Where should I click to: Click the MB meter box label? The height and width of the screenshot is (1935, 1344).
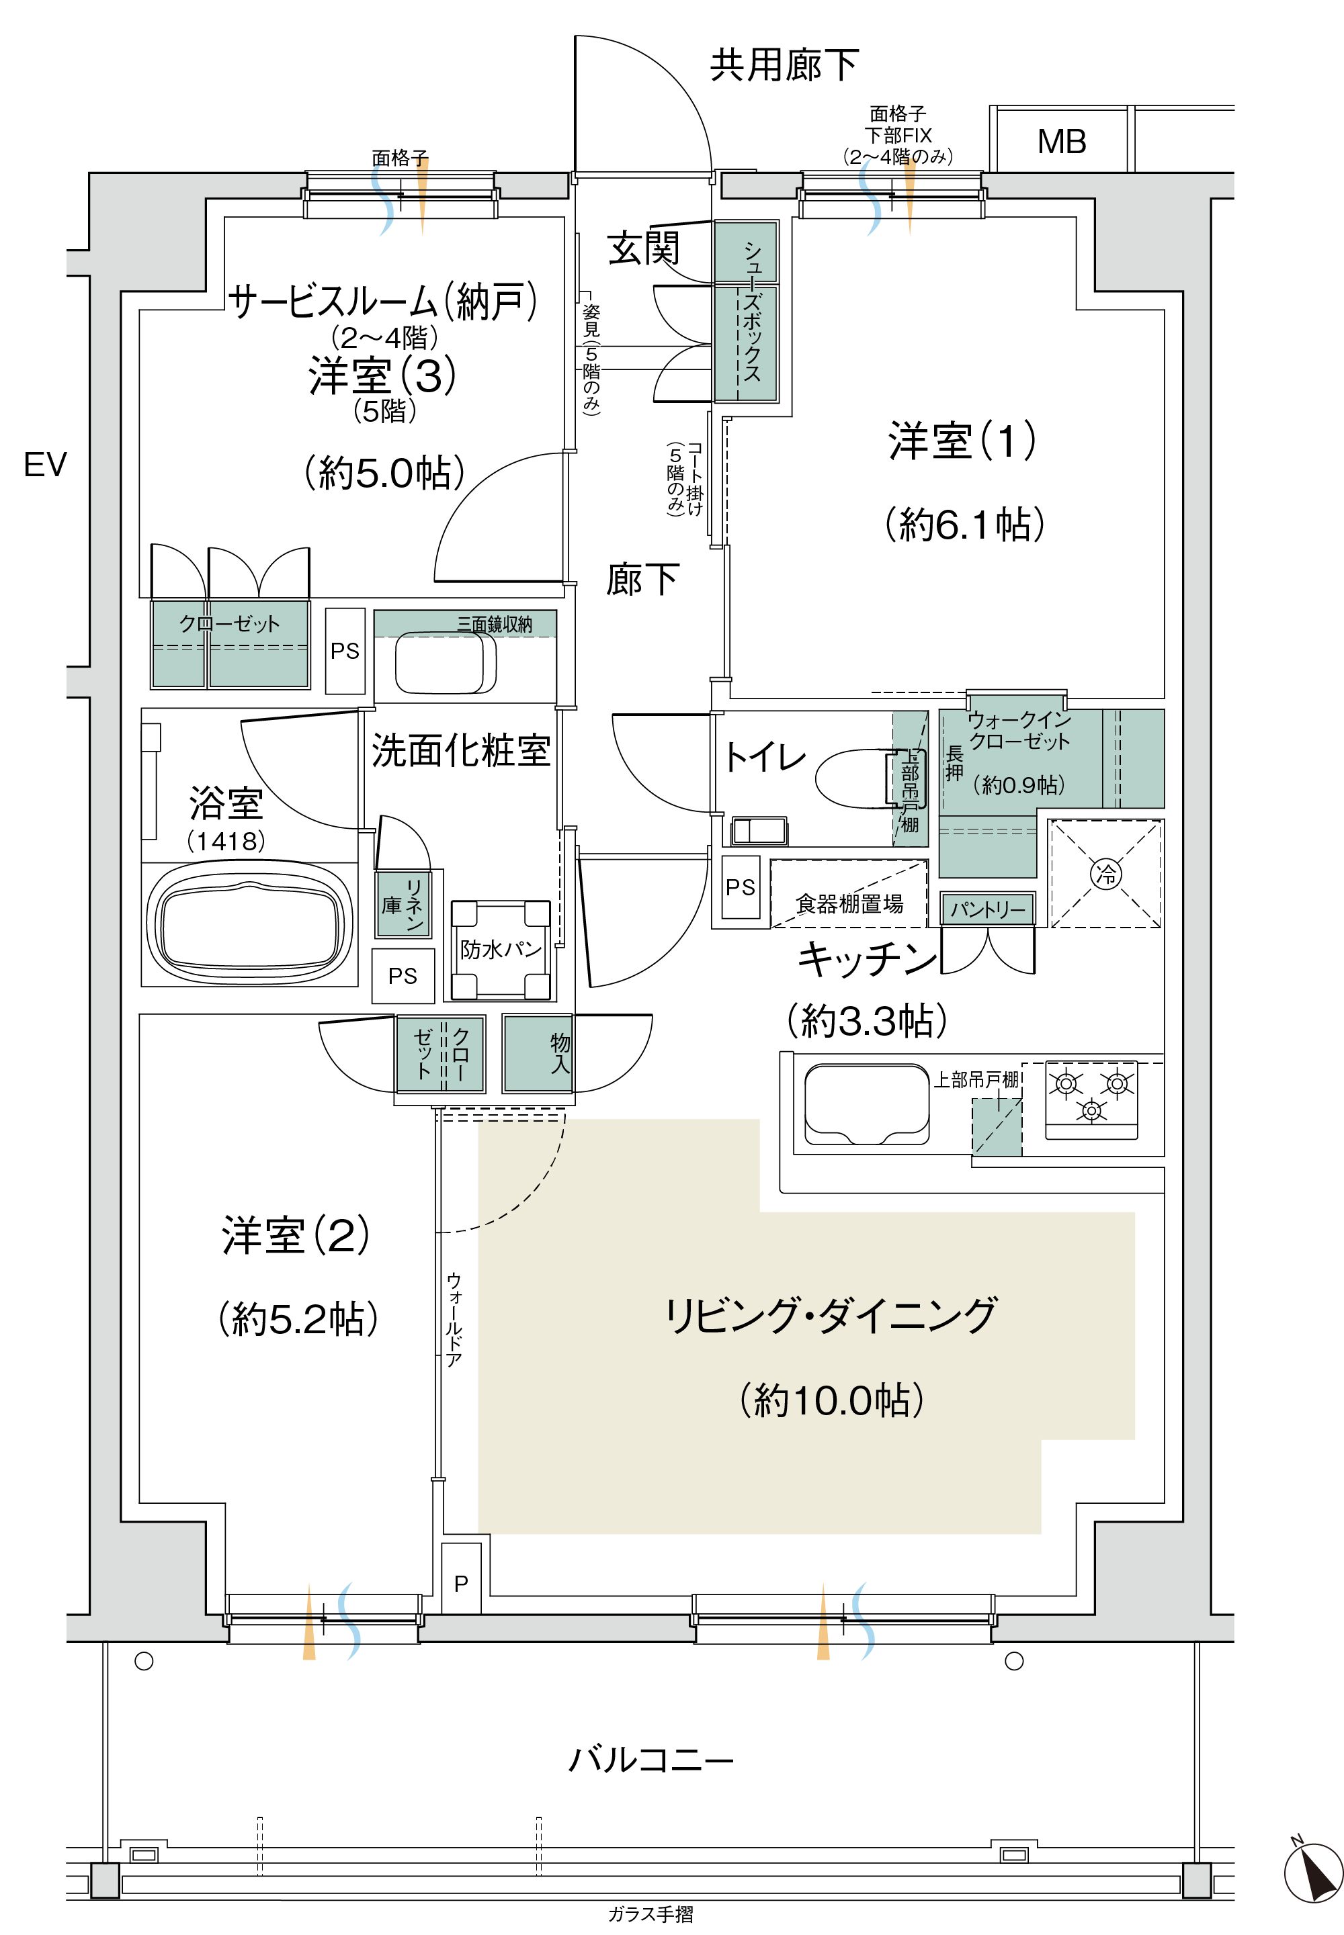pos(1061,142)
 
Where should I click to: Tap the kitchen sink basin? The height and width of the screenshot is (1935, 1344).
pos(866,1104)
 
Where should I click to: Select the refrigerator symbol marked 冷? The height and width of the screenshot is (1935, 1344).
pos(1105,874)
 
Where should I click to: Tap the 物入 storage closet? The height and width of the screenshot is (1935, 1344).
pos(537,1054)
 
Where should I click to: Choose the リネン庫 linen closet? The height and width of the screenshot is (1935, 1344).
pos(405,905)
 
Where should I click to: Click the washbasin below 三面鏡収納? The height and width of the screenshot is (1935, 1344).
pos(446,663)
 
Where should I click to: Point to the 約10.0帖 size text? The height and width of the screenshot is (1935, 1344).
pos(832,1400)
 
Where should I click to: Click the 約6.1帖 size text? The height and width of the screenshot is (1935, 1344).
pos(965,525)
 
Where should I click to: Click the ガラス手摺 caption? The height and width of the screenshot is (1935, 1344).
pos(651,1915)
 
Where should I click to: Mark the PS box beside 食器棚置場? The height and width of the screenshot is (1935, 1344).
pos(741,887)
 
